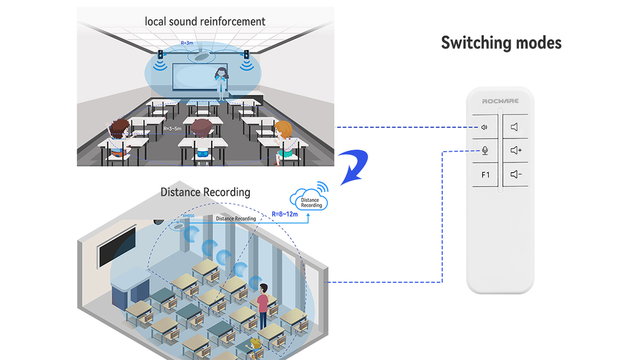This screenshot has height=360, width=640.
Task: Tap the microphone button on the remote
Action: (x=484, y=151)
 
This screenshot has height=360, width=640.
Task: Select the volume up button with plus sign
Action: (x=515, y=151)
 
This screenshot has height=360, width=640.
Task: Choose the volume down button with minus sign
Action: (x=515, y=174)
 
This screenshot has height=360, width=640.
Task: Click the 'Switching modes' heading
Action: (x=501, y=43)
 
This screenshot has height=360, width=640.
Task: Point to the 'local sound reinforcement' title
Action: (x=205, y=21)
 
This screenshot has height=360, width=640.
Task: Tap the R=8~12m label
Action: (x=284, y=214)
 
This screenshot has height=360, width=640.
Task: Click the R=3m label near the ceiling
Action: (x=187, y=43)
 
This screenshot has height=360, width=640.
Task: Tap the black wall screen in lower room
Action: (x=117, y=246)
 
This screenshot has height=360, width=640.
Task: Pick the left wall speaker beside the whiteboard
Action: (x=161, y=54)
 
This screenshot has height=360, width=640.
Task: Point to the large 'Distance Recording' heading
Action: (x=205, y=192)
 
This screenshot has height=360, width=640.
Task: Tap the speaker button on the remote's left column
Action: (x=484, y=127)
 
